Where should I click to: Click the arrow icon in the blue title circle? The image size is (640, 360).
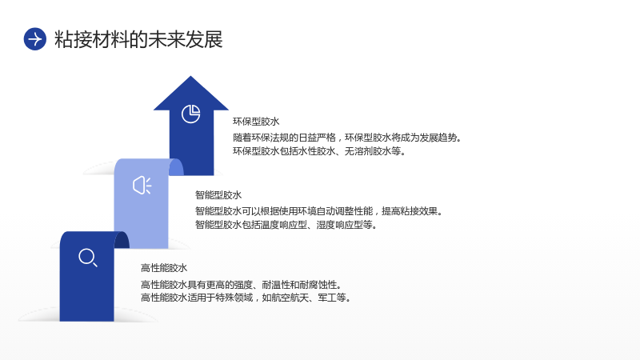coord(35,39)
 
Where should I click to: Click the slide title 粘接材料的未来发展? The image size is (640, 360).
coord(138,39)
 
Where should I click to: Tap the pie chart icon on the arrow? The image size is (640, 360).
coord(190,114)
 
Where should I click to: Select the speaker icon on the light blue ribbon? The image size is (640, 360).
coord(142,186)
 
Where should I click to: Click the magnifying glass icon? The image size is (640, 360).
coord(88,258)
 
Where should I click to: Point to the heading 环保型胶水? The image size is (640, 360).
coord(256,122)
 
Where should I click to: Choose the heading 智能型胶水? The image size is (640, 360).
coord(218,195)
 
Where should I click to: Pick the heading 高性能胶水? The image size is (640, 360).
coord(164,268)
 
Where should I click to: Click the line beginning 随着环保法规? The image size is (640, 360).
coord(347,138)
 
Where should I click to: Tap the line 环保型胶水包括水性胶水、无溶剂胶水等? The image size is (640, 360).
coord(319,151)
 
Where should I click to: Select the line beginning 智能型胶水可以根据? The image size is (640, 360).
coord(318,211)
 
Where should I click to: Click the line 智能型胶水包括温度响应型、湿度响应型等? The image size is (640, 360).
coord(286,225)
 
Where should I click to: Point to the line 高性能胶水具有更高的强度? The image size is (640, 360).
coord(242,285)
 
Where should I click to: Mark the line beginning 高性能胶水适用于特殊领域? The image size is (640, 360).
coord(246,298)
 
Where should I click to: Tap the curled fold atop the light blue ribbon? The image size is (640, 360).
coord(176,167)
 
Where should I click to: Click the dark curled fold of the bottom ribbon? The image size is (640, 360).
coord(122,240)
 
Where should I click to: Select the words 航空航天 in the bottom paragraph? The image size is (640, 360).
coord(290,298)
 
